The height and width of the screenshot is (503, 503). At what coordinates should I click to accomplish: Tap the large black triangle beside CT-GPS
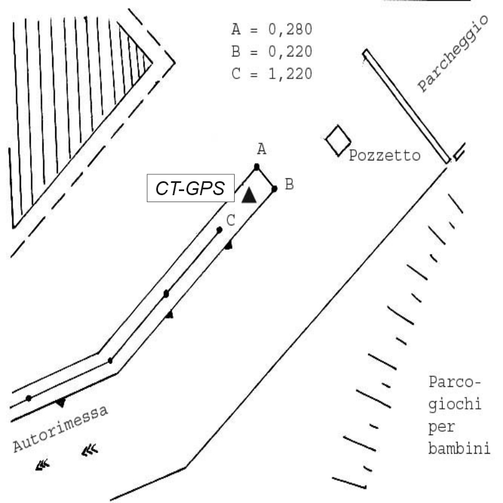[249, 195]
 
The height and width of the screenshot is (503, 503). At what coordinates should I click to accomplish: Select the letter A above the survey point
[261, 150]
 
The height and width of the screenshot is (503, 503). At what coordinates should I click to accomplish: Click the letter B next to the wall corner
[289, 185]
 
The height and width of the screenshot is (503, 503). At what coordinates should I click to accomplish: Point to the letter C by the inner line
[231, 220]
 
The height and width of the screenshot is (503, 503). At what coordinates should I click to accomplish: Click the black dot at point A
[256, 167]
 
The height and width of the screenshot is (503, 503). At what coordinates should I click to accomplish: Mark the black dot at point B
[274, 188]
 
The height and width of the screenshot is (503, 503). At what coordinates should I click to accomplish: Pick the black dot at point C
[219, 231]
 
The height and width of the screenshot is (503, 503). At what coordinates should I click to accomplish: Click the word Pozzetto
[384, 156]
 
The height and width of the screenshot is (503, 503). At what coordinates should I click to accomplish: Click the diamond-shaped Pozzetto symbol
[337, 140]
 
